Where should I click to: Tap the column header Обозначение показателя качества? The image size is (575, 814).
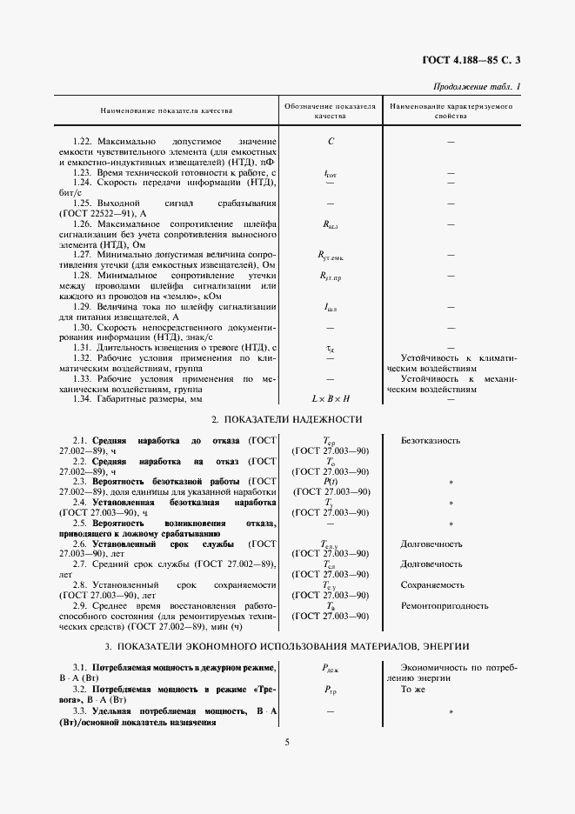coord(331,110)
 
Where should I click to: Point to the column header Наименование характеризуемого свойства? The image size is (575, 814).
coord(451,110)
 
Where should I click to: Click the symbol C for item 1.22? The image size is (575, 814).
coord(331,141)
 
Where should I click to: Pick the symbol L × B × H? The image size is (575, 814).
coord(331,398)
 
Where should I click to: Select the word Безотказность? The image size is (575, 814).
coord(431,441)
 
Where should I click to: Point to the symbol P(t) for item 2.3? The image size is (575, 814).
coord(331,480)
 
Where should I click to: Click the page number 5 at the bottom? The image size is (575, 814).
coord(286,742)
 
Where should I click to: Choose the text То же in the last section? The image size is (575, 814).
coord(412,687)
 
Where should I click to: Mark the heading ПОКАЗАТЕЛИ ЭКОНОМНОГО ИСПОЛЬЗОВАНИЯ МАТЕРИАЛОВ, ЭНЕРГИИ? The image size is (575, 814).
coord(286,647)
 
